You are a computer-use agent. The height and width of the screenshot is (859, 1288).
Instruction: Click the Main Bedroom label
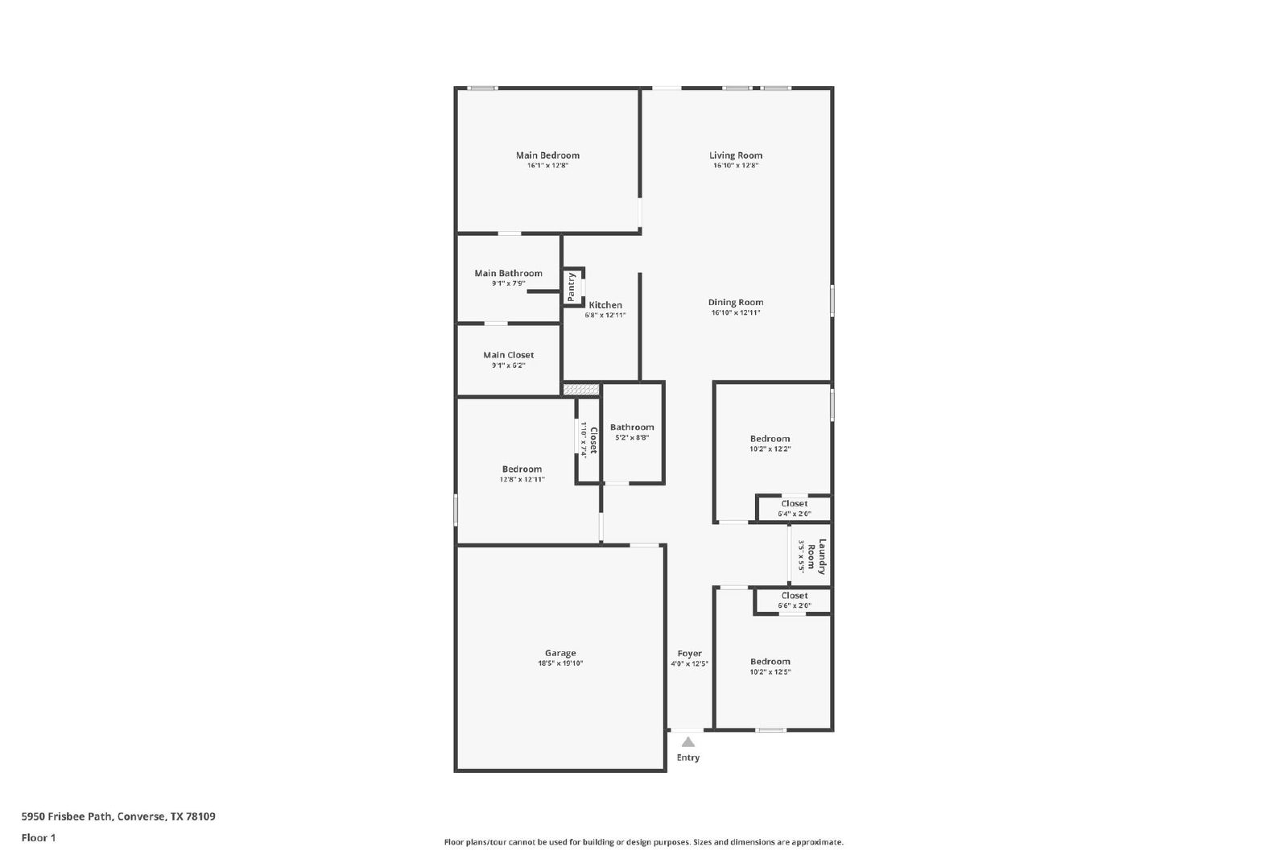(547, 155)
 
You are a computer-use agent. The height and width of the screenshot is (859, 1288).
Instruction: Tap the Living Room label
(736, 155)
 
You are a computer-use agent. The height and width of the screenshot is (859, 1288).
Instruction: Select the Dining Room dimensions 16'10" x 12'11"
(736, 313)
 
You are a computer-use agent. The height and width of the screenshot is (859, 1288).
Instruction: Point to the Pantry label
(571, 287)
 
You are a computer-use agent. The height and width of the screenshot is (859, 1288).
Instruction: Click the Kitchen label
(605, 305)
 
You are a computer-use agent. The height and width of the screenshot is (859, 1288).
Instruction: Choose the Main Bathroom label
(508, 273)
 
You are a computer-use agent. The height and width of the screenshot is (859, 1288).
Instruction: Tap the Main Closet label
(508, 355)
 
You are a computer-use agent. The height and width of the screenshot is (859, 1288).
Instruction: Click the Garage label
(560, 653)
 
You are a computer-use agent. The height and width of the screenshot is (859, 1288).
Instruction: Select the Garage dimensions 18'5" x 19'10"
(560, 663)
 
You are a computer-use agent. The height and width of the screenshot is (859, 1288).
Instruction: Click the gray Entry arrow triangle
(687, 741)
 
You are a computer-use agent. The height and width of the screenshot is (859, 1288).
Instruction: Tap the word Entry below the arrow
(687, 758)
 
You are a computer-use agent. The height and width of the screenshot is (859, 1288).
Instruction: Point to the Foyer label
(689, 653)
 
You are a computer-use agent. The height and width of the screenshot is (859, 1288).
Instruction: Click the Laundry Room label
(816, 556)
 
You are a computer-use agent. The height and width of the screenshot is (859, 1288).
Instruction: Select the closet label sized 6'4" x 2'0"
(794, 504)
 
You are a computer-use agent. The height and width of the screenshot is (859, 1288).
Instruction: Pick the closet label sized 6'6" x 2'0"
(794, 596)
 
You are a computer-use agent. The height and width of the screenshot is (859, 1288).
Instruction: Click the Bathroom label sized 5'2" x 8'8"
(632, 427)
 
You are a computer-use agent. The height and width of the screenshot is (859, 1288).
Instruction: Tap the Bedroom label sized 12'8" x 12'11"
(522, 469)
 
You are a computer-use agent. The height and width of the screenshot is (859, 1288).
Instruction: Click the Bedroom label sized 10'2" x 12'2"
(770, 439)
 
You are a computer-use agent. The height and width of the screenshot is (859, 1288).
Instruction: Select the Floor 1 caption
(39, 838)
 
